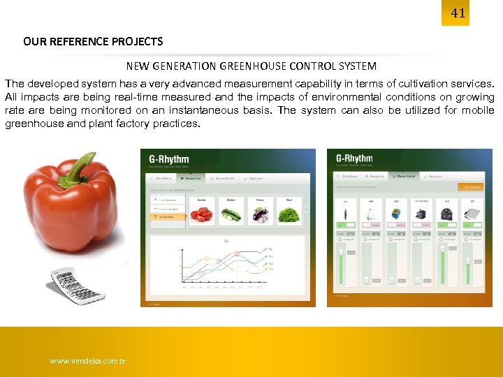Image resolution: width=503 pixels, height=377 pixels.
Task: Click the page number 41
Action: coord(458,13)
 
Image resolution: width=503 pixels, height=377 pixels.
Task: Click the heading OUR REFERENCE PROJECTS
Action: coord(93,41)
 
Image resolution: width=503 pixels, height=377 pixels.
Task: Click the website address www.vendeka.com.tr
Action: coord(87,362)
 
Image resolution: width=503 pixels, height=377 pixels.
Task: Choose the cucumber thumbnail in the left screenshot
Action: coord(231,214)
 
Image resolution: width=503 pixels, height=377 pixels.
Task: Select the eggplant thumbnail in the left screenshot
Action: coord(260,214)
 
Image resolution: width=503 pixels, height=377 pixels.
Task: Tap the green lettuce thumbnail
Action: coord(289,214)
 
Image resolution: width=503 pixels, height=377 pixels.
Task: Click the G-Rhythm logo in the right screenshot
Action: coord(355,158)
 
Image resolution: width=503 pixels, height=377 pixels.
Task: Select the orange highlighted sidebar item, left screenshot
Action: coord(168,217)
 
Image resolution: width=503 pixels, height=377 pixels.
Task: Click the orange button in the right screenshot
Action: coord(470,187)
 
